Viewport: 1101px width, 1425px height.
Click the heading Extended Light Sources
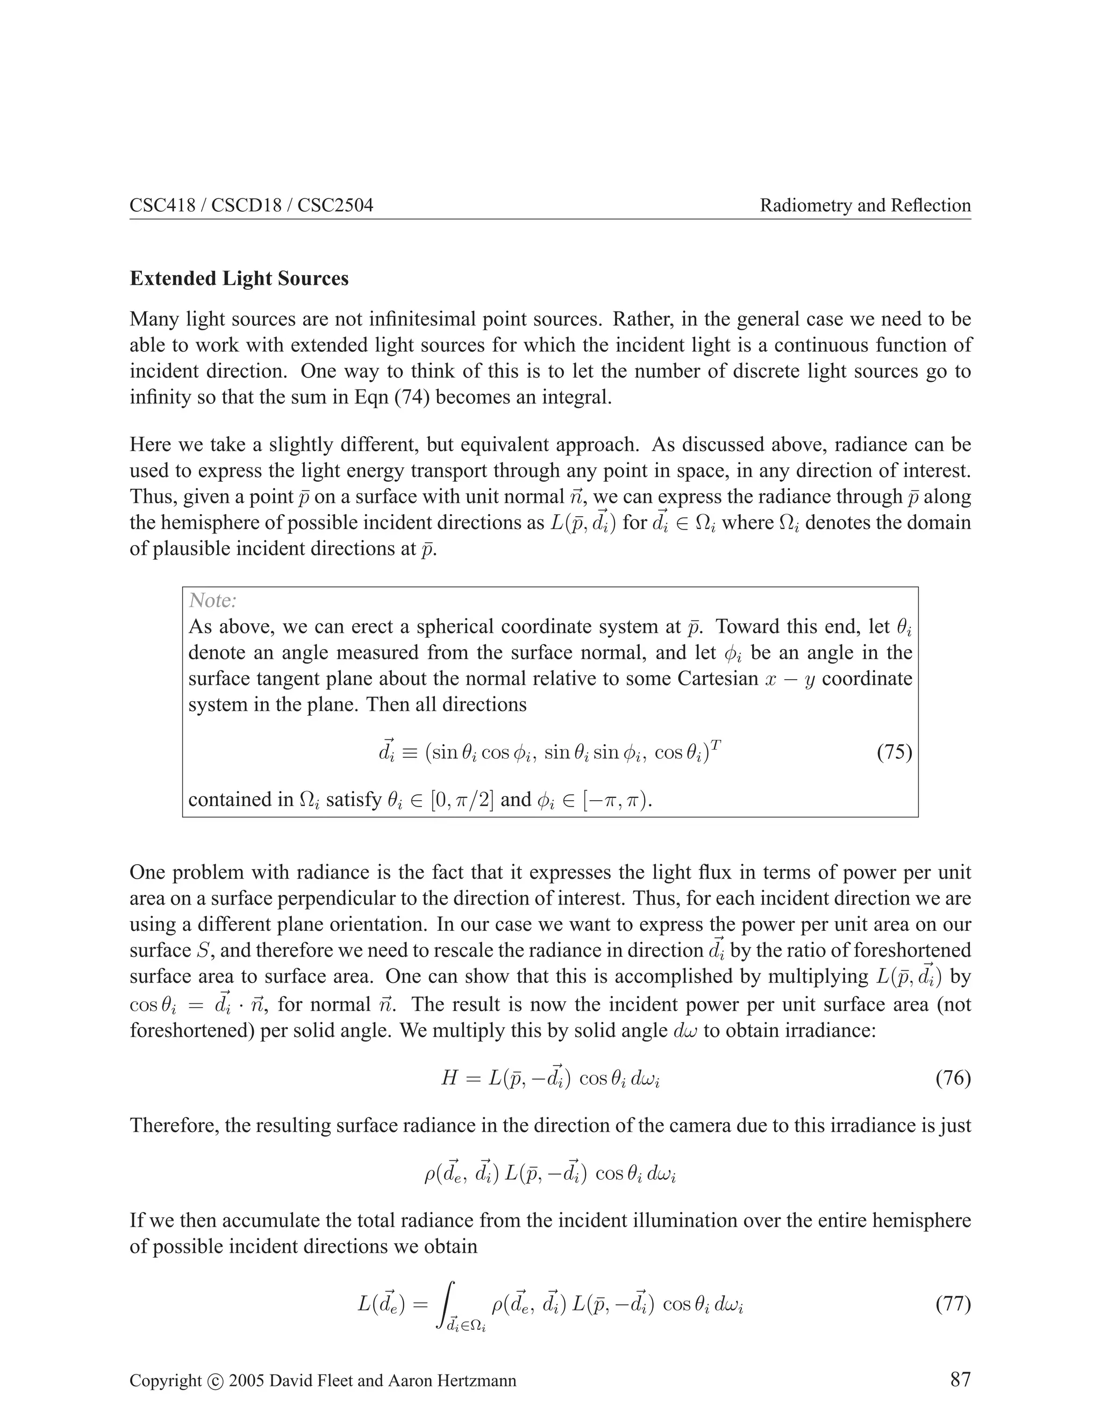tap(239, 279)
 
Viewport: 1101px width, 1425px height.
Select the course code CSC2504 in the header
tap(335, 205)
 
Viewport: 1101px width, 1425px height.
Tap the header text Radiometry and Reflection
tap(865, 205)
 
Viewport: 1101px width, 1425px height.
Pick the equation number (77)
tap(953, 1305)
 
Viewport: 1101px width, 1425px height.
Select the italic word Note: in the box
tap(212, 600)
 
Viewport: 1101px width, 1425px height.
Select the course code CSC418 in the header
tap(162, 205)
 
